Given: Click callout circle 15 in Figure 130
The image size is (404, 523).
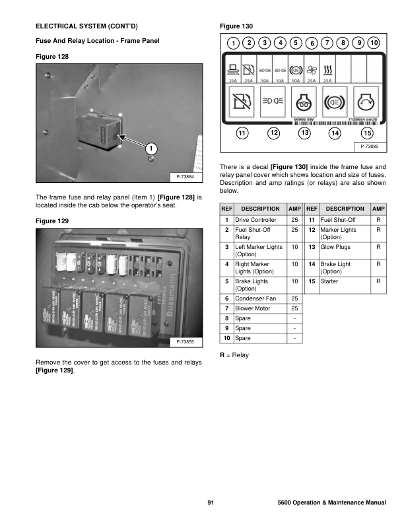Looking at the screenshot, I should [368, 133].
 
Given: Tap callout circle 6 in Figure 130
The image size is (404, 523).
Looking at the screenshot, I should [312, 44].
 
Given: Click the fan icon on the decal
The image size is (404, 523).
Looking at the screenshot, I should [312, 69].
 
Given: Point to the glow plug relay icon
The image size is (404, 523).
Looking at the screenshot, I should [304, 103].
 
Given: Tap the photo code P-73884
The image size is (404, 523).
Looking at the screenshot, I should [187, 177].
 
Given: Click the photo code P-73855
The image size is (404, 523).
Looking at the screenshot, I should [187, 341].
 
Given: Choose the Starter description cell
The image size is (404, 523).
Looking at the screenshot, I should [329, 281].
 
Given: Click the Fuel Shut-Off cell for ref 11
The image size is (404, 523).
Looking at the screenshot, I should [338, 219].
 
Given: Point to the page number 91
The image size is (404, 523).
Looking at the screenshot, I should [211, 504].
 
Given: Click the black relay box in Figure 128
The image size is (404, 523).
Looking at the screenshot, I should [100, 130].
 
